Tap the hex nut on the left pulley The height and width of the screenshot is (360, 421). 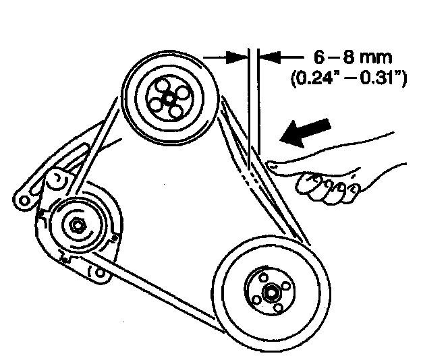76,225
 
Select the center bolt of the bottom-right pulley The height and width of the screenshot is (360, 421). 271,293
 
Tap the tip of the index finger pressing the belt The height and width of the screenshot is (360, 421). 272,162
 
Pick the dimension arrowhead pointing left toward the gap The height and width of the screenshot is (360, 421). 266,58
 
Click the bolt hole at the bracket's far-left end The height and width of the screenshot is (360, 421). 24,200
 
